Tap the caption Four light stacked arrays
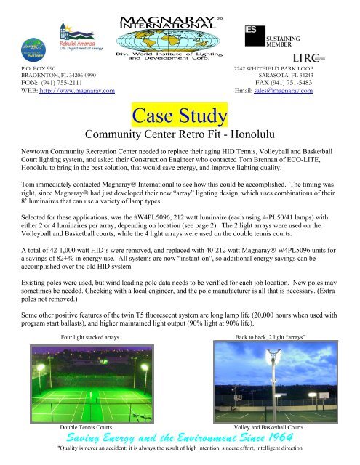92,338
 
